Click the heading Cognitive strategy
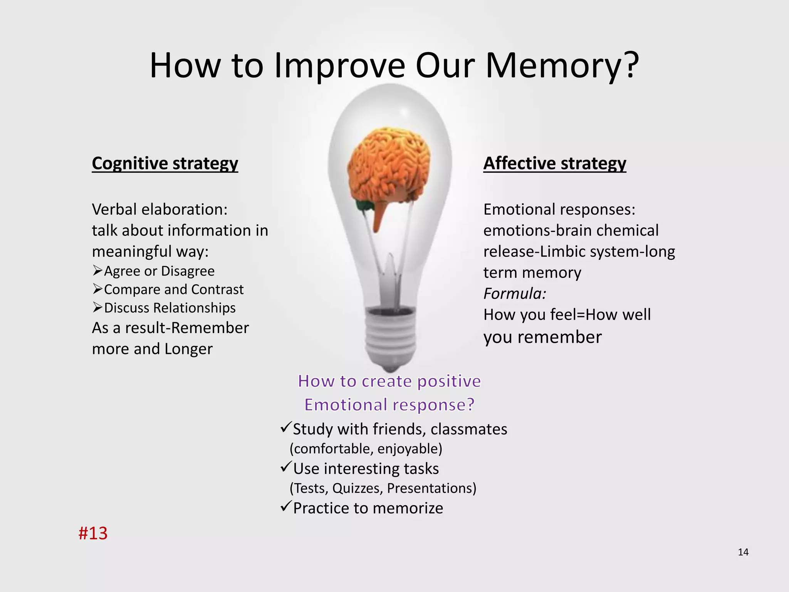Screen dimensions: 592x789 pyautogui.click(x=165, y=163)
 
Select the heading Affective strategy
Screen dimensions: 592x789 pyautogui.click(x=555, y=163)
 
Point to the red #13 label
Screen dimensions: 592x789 pyautogui.click(x=93, y=533)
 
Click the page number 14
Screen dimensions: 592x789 pyautogui.click(x=743, y=552)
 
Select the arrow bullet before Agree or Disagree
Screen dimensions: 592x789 pyautogui.click(x=97, y=271)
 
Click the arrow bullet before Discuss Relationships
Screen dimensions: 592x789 pyautogui.click(x=97, y=307)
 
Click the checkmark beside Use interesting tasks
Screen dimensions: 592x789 pyautogui.click(x=286, y=467)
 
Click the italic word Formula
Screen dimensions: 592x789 pyautogui.click(x=515, y=294)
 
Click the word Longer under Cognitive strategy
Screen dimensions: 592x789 pyautogui.click(x=188, y=349)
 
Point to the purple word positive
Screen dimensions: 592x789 pyautogui.click(x=449, y=381)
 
